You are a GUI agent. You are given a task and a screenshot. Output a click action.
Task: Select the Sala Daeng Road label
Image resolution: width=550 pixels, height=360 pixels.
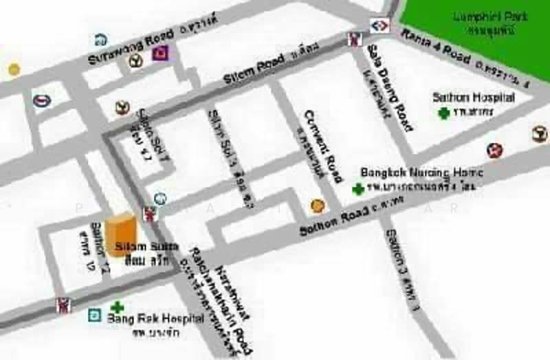pyautogui.click(x=389, y=85)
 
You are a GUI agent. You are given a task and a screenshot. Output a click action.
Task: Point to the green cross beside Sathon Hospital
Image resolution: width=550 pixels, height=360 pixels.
pyautogui.click(x=445, y=113)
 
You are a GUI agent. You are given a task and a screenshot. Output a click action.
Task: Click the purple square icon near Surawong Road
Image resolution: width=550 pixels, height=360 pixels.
pyautogui.click(x=161, y=52)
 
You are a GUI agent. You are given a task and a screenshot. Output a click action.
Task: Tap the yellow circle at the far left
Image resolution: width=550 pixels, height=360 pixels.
pyautogui.click(x=14, y=69)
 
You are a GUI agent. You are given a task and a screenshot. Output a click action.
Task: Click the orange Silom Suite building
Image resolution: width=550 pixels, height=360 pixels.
pyautogui.click(x=122, y=234)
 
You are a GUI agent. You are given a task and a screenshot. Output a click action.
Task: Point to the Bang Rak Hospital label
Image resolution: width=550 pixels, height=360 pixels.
pyautogui.click(x=155, y=319)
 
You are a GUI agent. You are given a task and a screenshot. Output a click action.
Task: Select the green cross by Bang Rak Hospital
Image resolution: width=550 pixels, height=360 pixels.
pyautogui.click(x=118, y=308)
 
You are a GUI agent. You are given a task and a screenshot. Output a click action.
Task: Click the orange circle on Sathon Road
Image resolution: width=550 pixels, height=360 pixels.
pyautogui.click(x=318, y=205)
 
